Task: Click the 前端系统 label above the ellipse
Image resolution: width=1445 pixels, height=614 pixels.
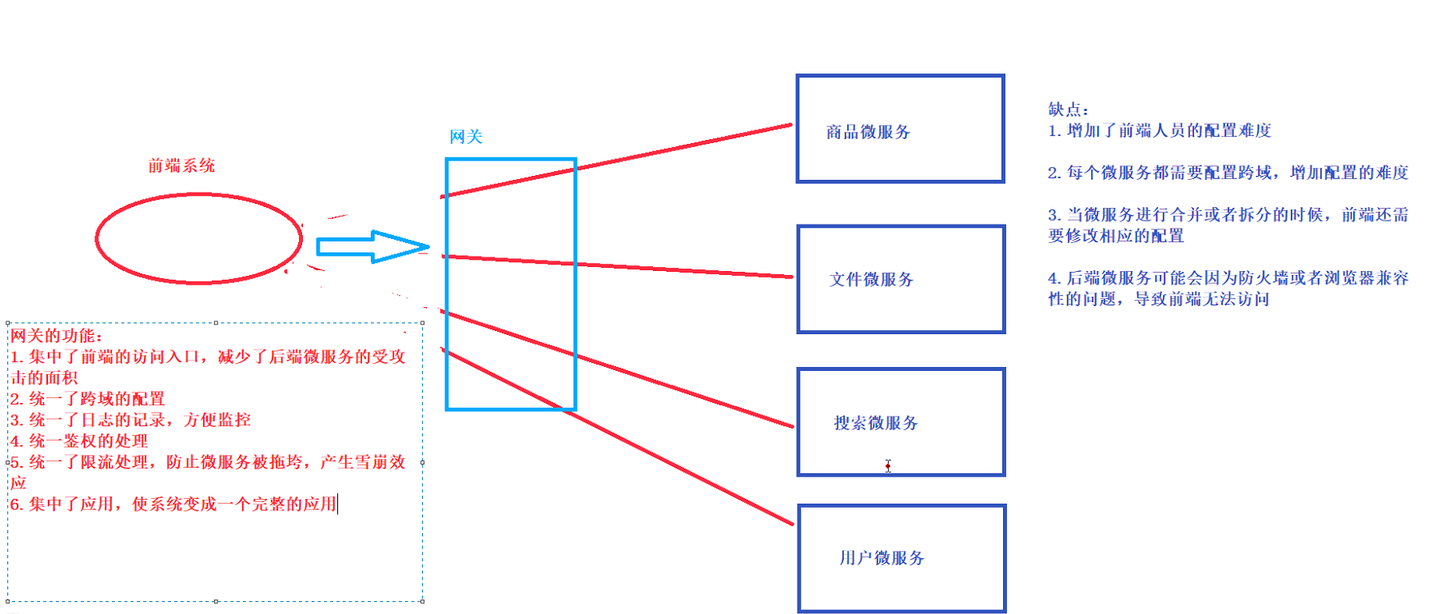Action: [181, 165]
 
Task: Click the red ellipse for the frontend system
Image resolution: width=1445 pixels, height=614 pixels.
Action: [198, 238]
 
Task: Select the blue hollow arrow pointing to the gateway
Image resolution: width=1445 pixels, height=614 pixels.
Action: [372, 247]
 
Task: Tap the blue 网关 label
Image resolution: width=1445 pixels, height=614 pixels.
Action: [466, 137]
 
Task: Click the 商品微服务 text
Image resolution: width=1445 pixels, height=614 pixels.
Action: [868, 132]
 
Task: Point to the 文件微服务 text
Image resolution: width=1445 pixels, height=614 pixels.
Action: [871, 279]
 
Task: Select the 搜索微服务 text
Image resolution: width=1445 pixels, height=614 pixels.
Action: [876, 423]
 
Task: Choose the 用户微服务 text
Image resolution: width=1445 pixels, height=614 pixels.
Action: [882, 558]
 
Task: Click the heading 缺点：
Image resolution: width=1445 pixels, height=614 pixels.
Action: [1069, 110]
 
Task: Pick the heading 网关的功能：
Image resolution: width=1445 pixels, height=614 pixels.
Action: [57, 336]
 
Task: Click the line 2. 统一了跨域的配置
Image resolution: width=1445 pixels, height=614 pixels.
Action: [87, 399]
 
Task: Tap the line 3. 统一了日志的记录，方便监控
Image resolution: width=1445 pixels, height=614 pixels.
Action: [130, 420]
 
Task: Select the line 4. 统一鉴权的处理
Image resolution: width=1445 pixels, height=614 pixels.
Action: [79, 441]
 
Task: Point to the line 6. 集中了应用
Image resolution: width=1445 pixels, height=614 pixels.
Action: [173, 504]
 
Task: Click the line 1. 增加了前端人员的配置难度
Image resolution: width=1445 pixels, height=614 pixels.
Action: [1160, 130]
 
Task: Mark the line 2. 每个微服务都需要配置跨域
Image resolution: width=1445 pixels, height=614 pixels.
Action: [1228, 173]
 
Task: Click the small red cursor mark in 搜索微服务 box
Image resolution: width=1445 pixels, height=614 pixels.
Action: [888, 465]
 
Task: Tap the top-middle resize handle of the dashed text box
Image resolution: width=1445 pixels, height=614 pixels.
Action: [216, 323]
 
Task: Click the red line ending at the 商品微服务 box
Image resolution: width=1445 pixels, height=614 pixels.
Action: [679, 147]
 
